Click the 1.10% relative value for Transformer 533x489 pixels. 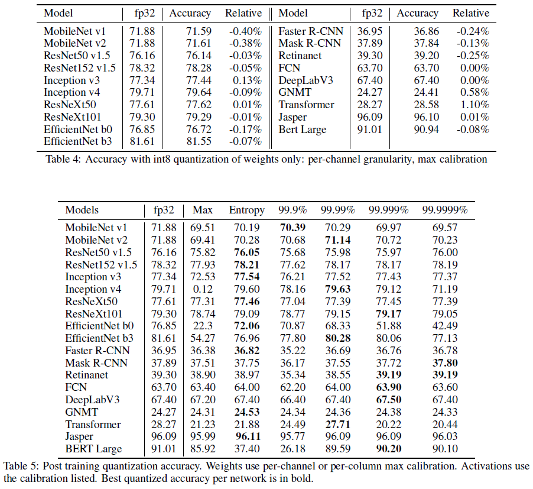pyautogui.click(x=476, y=105)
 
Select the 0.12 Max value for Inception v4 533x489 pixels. pyautogui.click(x=202, y=289)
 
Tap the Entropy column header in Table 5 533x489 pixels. pyautogui.click(x=248, y=210)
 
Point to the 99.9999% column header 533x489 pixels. pyautogui.click(x=444, y=210)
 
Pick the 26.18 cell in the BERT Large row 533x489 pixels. pyautogui.click(x=293, y=449)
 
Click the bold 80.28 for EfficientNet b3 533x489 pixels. pyautogui.click(x=337, y=338)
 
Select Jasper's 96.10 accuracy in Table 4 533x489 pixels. pyautogui.click(x=426, y=117)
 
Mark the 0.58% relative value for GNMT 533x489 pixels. pyautogui.click(x=476, y=92)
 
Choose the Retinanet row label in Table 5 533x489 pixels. pyautogui.click(x=87, y=375)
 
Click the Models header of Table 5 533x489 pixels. pyautogui.click(x=82, y=210)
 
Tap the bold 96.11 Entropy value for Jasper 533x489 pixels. pyautogui.click(x=248, y=437)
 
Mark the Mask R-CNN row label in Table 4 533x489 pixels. pyautogui.click(x=310, y=43)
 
